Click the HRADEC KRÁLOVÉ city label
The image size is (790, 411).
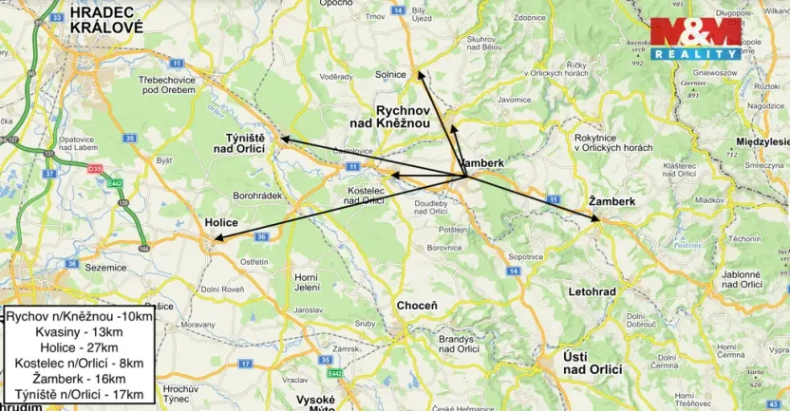click(x=106, y=21)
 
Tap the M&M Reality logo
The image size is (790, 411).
click(x=696, y=38)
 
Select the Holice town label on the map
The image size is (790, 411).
click(x=220, y=222)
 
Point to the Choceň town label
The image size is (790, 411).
click(x=417, y=306)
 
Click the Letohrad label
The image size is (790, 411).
click(x=591, y=290)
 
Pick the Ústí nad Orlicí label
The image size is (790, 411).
click(x=592, y=362)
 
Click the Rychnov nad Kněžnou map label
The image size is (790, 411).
click(x=404, y=117)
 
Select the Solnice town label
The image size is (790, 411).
click(x=391, y=75)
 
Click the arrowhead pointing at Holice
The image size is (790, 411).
click(x=216, y=242)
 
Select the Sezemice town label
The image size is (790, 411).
click(x=105, y=268)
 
